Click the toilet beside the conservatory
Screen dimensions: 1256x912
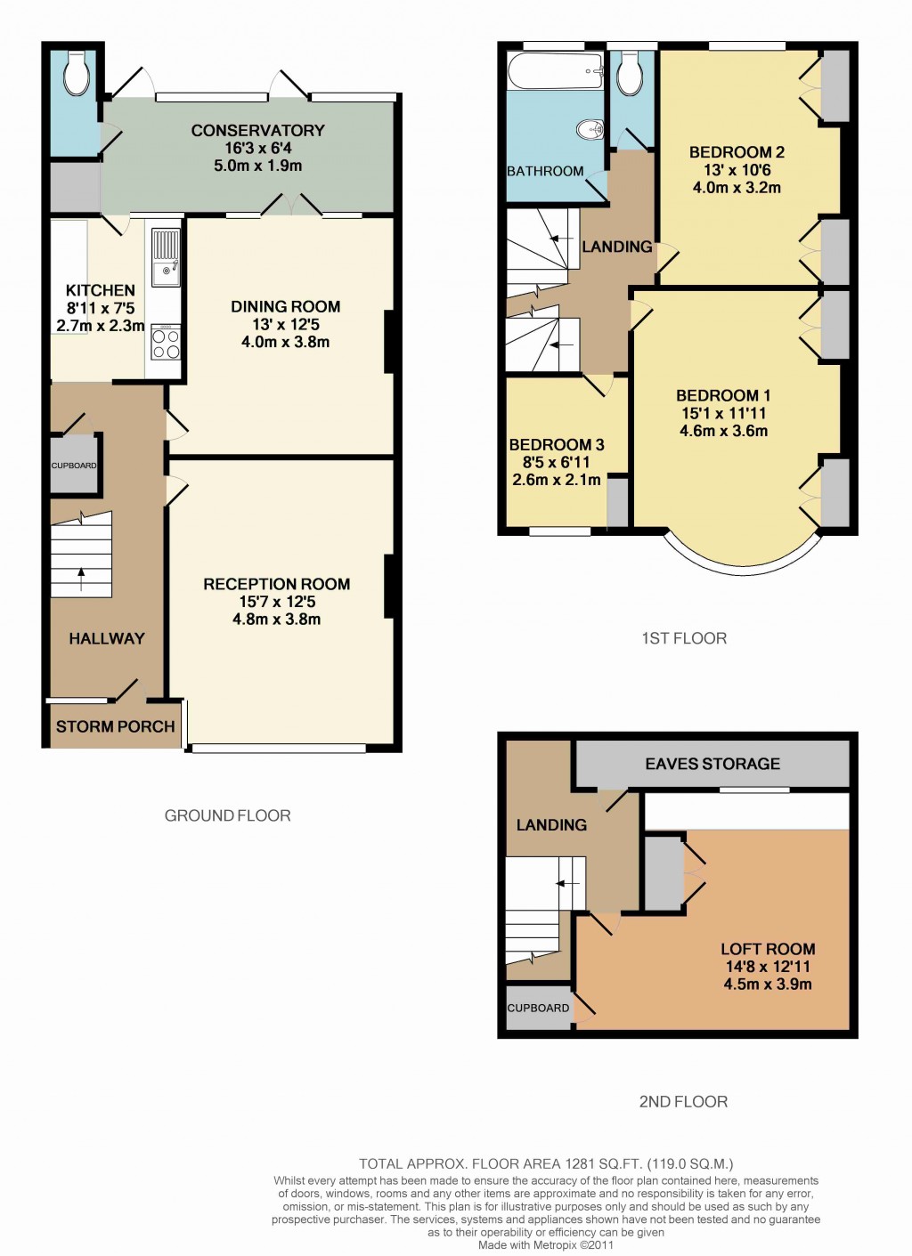[x=77, y=74]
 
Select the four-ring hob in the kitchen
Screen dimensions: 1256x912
[x=166, y=344]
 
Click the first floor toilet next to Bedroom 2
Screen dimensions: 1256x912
[x=631, y=74]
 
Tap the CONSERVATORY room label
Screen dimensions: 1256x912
[x=257, y=131]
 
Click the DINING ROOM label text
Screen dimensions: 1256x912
[x=285, y=307]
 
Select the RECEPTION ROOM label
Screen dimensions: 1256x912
[x=276, y=585]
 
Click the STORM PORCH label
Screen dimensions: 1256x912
[x=115, y=727]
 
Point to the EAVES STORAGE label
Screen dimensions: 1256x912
[x=712, y=765]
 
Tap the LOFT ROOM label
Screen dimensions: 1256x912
[x=768, y=950]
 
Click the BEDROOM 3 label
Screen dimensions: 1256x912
[x=557, y=445]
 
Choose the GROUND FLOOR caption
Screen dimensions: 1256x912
[x=227, y=816]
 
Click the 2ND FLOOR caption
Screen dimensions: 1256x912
[x=683, y=1102]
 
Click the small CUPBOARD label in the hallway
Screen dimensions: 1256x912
[x=74, y=466]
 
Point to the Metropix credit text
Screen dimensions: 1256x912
[x=546, y=1245]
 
